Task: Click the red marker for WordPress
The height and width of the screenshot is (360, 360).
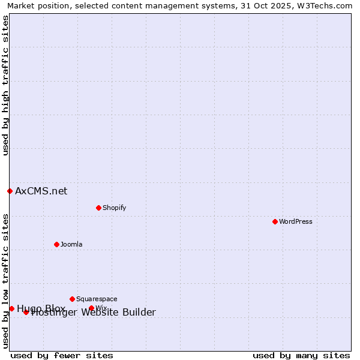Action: point(275,221)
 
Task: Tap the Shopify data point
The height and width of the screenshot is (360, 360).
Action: point(98,208)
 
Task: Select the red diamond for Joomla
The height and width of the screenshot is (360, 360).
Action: point(56,244)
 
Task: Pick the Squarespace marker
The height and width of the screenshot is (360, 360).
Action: point(72,299)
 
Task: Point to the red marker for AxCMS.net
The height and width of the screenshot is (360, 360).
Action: point(10,191)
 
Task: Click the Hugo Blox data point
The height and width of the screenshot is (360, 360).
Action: point(11,308)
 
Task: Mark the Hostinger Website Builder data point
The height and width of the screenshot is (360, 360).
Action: point(26,312)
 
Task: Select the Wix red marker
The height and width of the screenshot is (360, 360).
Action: point(91,308)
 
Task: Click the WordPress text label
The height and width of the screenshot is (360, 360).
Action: point(296,221)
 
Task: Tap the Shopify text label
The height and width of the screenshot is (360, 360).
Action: point(114,208)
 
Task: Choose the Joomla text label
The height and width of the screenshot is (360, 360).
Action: point(71,244)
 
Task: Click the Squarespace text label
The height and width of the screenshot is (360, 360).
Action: point(97,299)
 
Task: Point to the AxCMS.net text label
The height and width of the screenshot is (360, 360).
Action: point(41,191)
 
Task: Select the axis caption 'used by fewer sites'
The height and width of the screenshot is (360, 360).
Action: point(62,355)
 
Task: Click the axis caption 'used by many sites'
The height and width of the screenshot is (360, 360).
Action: point(301,355)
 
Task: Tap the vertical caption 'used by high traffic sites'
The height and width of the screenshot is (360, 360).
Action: point(5,86)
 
